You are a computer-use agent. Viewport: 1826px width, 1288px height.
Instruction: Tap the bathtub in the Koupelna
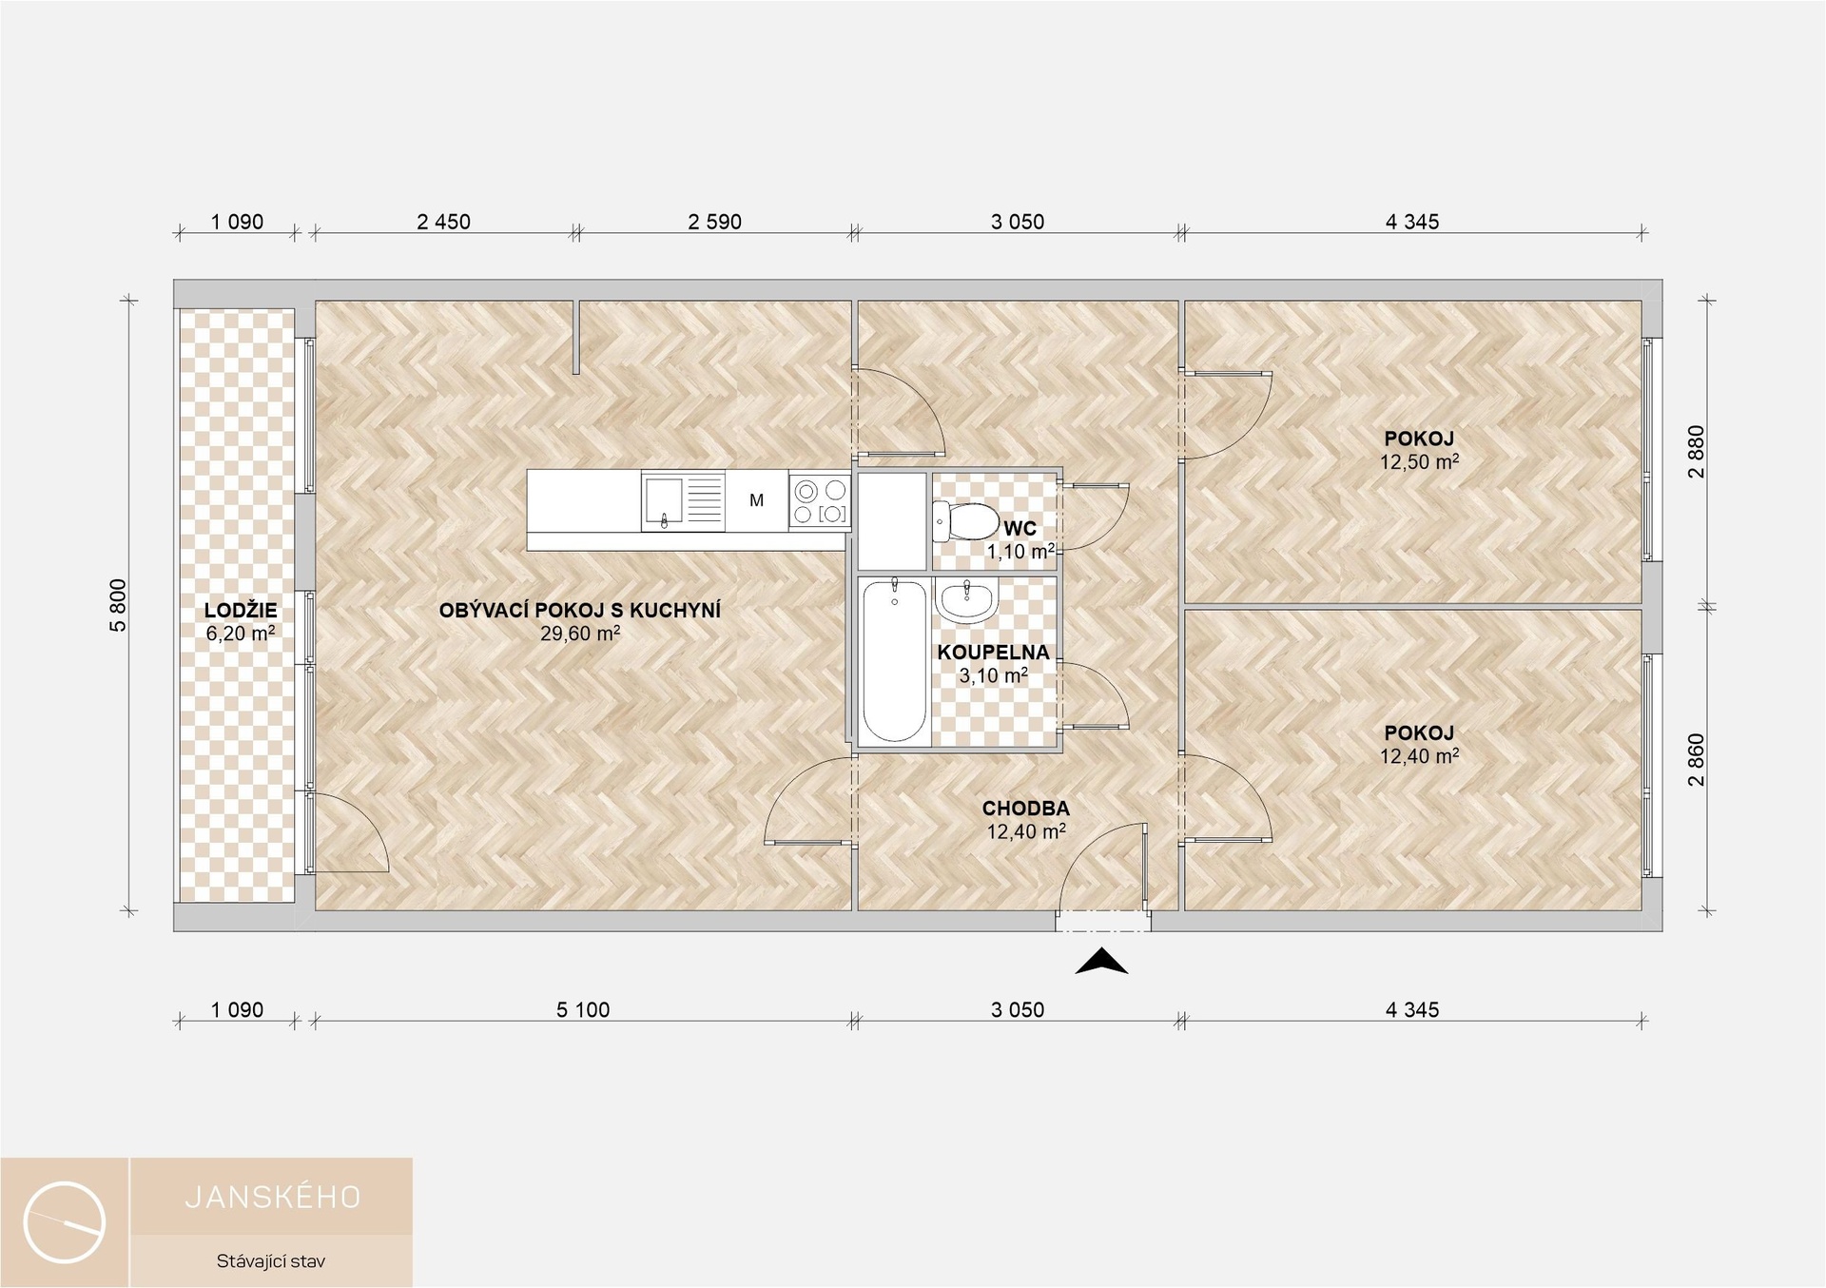(894, 660)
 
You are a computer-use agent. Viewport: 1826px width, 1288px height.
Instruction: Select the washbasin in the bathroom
(966, 600)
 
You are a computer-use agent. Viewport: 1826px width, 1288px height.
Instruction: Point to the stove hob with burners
(820, 500)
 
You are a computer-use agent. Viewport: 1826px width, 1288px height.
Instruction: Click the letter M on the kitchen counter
(757, 500)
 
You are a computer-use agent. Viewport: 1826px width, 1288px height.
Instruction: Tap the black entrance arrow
(1101, 962)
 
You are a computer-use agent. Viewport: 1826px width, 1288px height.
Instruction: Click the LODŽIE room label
(241, 612)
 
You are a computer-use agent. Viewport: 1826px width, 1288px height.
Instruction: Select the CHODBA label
(1026, 809)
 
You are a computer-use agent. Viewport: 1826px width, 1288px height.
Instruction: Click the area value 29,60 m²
(580, 634)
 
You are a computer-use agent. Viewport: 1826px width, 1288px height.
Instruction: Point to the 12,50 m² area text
(1419, 462)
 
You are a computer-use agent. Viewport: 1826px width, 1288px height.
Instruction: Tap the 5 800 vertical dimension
(118, 605)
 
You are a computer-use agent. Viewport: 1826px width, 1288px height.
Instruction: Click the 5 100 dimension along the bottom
(583, 1010)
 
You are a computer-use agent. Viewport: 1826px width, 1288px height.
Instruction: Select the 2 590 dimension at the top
(714, 222)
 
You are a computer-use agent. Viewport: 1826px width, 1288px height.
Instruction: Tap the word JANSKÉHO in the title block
(273, 1198)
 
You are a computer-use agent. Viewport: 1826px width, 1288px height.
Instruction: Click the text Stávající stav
(271, 1262)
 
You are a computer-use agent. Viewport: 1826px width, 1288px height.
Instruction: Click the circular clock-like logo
(65, 1222)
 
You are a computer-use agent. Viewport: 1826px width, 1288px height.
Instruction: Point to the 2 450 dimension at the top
(443, 222)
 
